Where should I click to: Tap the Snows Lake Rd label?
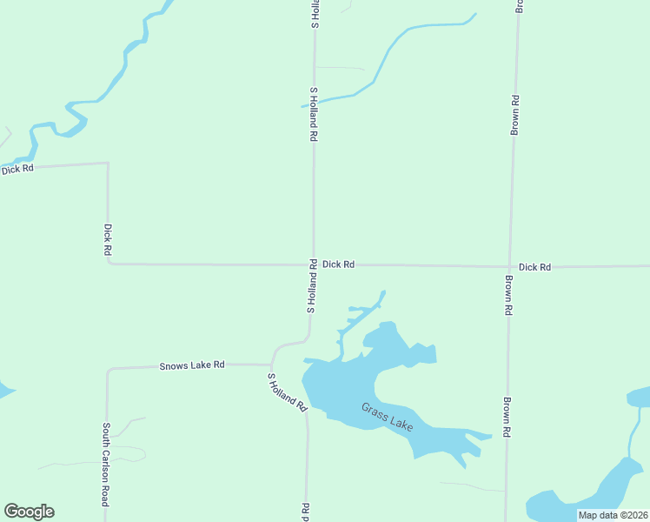(x=192, y=365)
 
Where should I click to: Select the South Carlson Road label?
(x=106, y=452)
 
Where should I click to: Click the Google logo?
(x=29, y=512)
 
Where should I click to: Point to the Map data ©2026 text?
(x=613, y=515)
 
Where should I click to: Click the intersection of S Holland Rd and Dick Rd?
(x=314, y=264)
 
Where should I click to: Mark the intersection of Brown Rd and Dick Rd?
(x=510, y=267)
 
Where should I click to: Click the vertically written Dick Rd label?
(x=108, y=239)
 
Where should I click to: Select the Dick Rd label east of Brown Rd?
(x=534, y=267)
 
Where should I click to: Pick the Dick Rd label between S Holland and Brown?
(x=338, y=264)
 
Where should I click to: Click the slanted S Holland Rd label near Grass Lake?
(x=288, y=392)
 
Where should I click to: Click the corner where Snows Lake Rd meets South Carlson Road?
(x=108, y=370)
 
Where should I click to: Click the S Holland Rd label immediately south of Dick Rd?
(x=310, y=288)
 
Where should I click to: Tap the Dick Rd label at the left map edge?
(x=17, y=169)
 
